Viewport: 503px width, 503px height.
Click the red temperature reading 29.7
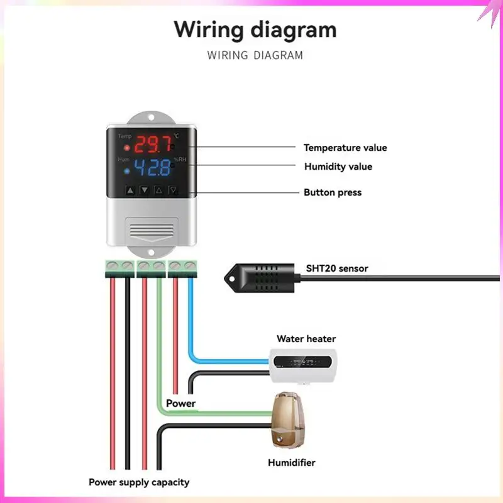click(x=153, y=144)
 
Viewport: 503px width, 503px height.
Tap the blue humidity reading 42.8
click(x=152, y=167)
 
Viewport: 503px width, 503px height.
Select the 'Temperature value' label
click(x=345, y=148)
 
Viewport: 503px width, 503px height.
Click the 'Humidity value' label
click(x=338, y=167)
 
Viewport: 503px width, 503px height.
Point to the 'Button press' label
click(x=333, y=192)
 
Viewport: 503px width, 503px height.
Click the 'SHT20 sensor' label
click(x=337, y=268)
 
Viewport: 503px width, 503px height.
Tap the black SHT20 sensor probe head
click(x=260, y=278)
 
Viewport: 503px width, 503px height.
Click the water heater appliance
click(x=303, y=365)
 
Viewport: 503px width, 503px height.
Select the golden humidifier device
click(x=287, y=419)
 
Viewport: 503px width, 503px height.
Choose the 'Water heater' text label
click(x=306, y=339)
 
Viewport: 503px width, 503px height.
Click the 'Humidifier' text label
click(x=292, y=463)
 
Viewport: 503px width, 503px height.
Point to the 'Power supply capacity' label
click(x=139, y=482)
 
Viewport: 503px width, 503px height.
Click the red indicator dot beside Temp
click(x=127, y=148)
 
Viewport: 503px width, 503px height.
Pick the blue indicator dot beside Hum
click(x=127, y=171)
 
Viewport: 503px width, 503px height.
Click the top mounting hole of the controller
click(x=151, y=118)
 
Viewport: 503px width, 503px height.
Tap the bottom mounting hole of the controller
click(x=151, y=253)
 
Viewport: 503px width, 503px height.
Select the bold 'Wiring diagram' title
click(x=255, y=30)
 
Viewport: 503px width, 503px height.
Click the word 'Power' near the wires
click(x=180, y=403)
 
